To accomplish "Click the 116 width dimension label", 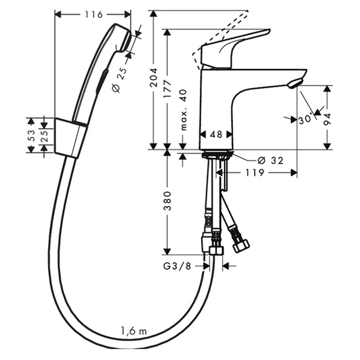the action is point(94,15).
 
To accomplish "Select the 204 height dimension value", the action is point(153,77).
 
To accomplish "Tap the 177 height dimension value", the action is point(167,88).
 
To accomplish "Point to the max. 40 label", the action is point(184,110).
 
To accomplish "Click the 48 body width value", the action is point(216,135).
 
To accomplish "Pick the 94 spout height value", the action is point(327,119).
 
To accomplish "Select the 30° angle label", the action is point(305,120).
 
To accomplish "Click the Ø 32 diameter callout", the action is point(271,160).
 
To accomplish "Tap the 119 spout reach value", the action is point(255,173).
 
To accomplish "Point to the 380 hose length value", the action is point(167,201).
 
